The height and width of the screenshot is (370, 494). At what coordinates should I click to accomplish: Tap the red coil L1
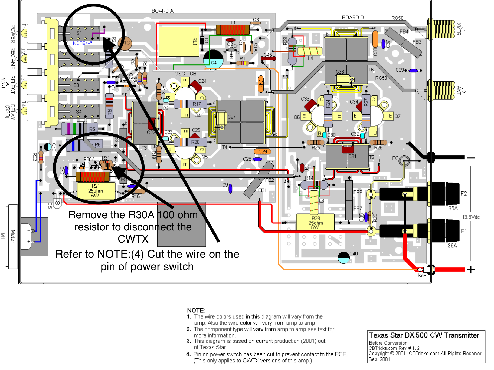[233, 29]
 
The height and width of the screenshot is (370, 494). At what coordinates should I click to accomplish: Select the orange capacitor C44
[261, 84]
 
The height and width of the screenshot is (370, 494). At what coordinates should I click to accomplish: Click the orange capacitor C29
[262, 151]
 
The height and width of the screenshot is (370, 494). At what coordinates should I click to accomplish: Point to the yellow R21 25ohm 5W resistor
[96, 190]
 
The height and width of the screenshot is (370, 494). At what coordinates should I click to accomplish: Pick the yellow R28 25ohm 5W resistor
[315, 222]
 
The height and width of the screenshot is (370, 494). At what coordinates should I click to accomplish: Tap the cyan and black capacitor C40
[344, 257]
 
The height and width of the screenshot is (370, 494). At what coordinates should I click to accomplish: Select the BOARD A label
[162, 11]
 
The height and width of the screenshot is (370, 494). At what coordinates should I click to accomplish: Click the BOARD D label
[353, 18]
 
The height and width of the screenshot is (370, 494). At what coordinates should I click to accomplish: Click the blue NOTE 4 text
[81, 43]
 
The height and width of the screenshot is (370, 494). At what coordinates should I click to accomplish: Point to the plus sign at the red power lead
[471, 269]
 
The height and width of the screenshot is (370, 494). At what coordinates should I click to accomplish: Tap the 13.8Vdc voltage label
[471, 217]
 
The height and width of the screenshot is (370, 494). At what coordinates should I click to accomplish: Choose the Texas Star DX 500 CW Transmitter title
[424, 335]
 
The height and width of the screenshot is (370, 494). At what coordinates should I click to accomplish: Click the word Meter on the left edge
[13, 236]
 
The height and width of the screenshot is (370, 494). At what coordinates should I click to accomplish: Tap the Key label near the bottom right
[422, 275]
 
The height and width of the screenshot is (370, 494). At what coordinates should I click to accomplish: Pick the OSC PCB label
[185, 74]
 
